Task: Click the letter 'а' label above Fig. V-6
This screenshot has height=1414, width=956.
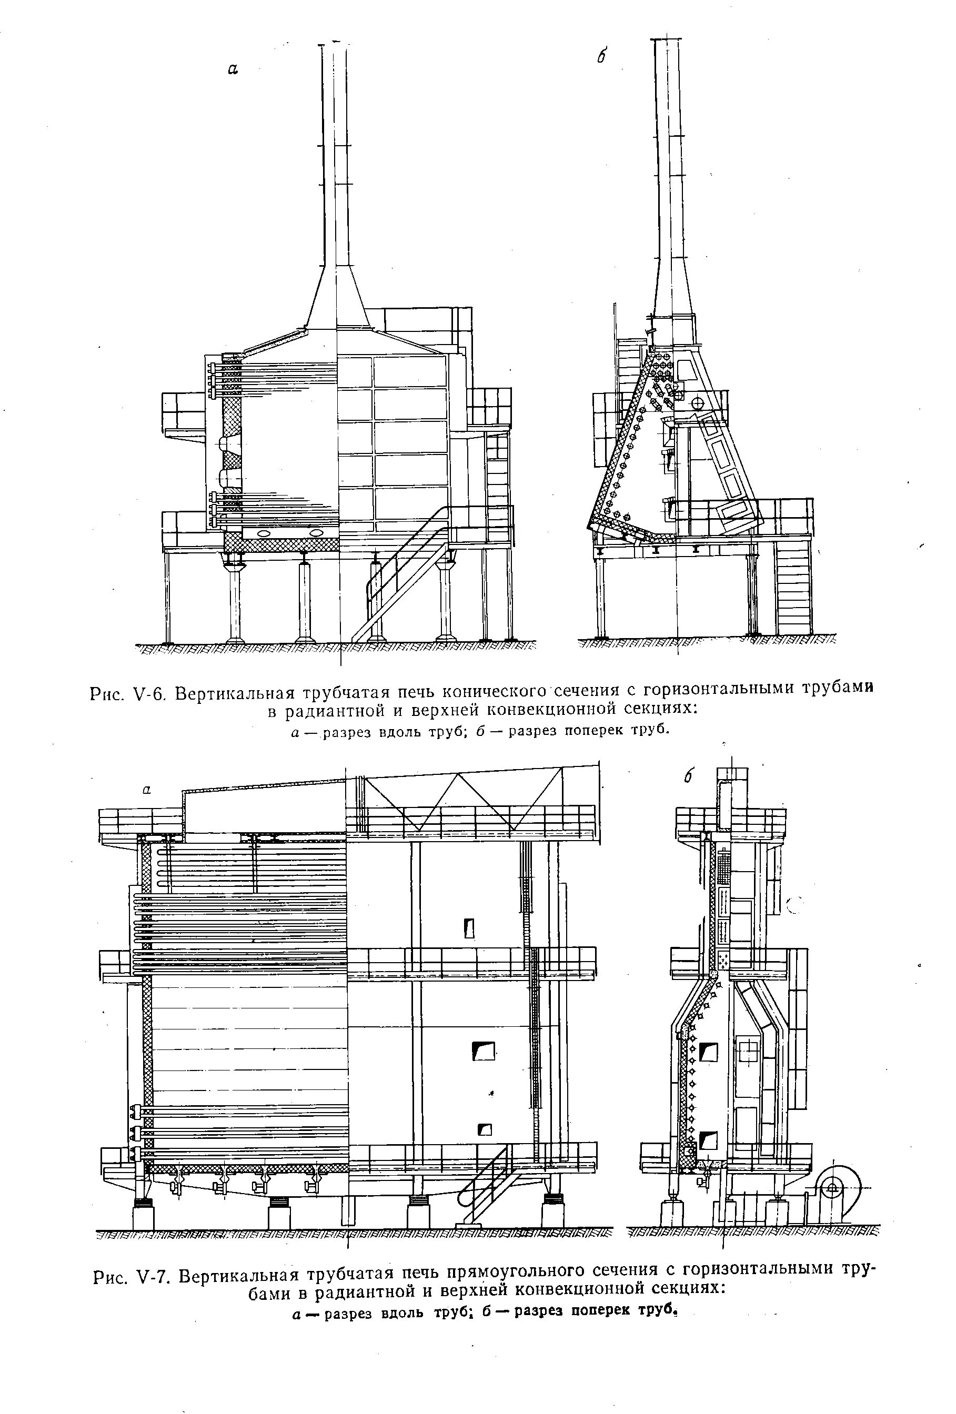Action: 233,69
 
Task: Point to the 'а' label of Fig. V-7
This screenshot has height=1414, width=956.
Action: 146,790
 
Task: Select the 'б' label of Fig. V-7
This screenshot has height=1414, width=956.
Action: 689,776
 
